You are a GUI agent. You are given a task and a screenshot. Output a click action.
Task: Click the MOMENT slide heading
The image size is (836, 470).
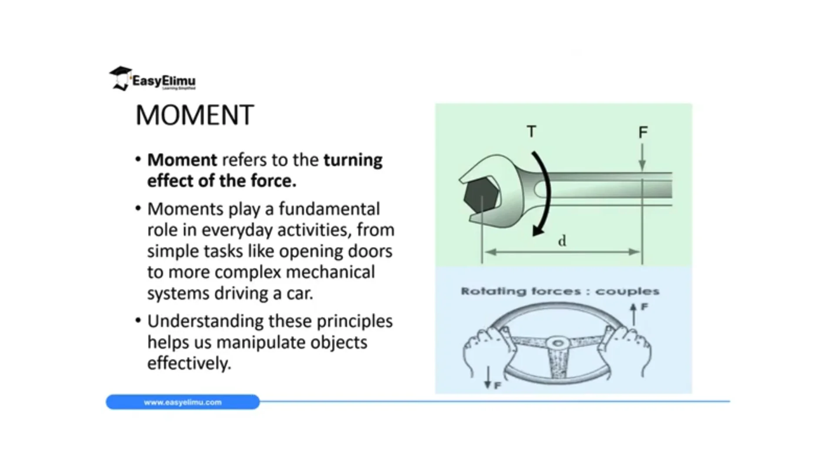coord(195,115)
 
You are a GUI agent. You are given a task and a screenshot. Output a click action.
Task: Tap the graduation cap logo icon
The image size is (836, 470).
coord(120,78)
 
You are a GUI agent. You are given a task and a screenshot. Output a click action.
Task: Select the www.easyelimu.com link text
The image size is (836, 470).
coord(183,403)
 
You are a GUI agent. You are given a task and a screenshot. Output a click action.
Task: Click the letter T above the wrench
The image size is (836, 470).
coord(531,131)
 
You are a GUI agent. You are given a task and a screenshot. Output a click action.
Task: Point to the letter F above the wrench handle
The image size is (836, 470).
coord(643,132)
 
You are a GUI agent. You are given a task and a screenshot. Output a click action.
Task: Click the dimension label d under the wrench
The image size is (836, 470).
coord(562,241)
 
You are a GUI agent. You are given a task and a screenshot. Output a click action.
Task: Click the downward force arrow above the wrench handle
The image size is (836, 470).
coord(642,157)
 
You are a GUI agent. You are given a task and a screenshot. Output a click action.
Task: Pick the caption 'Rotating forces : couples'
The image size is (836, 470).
coord(560,291)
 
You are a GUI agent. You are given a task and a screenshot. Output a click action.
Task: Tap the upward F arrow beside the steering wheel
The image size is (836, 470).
coord(634,314)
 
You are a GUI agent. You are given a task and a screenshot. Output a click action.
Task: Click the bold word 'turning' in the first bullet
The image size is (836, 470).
coord(353,160)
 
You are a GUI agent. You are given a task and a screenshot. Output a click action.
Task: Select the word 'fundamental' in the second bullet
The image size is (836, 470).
coord(329,209)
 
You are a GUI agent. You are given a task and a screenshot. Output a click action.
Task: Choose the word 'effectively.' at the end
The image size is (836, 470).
coord(189,363)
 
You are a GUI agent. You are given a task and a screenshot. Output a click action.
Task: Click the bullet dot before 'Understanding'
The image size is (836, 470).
coord(138,321)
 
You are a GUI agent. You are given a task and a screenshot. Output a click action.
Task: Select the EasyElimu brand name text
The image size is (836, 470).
coord(164,81)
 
